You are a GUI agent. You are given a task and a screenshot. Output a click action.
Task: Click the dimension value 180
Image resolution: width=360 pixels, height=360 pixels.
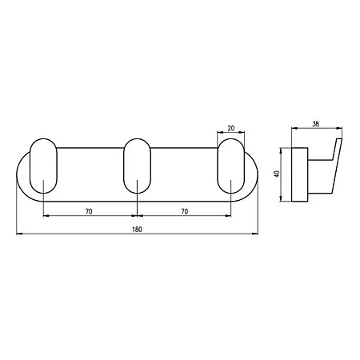click(x=137, y=230)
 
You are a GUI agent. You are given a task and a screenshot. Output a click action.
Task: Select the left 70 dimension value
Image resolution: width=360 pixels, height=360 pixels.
click(x=89, y=211)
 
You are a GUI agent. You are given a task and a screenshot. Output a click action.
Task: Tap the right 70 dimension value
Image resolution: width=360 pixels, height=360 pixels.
click(x=185, y=211)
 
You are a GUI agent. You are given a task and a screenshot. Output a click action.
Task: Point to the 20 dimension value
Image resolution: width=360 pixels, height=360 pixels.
click(x=231, y=128)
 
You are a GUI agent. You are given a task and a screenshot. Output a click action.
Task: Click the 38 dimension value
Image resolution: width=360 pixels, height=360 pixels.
click(x=316, y=124)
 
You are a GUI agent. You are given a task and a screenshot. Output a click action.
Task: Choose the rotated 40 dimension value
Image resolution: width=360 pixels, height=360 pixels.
click(x=277, y=174)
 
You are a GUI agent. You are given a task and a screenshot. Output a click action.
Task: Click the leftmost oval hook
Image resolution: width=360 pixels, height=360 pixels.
click(x=30, y=166)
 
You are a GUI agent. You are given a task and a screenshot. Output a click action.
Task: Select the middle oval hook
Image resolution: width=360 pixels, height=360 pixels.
click(x=123, y=166)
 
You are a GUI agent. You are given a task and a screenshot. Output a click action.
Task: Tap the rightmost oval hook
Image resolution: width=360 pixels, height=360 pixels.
click(x=218, y=166)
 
